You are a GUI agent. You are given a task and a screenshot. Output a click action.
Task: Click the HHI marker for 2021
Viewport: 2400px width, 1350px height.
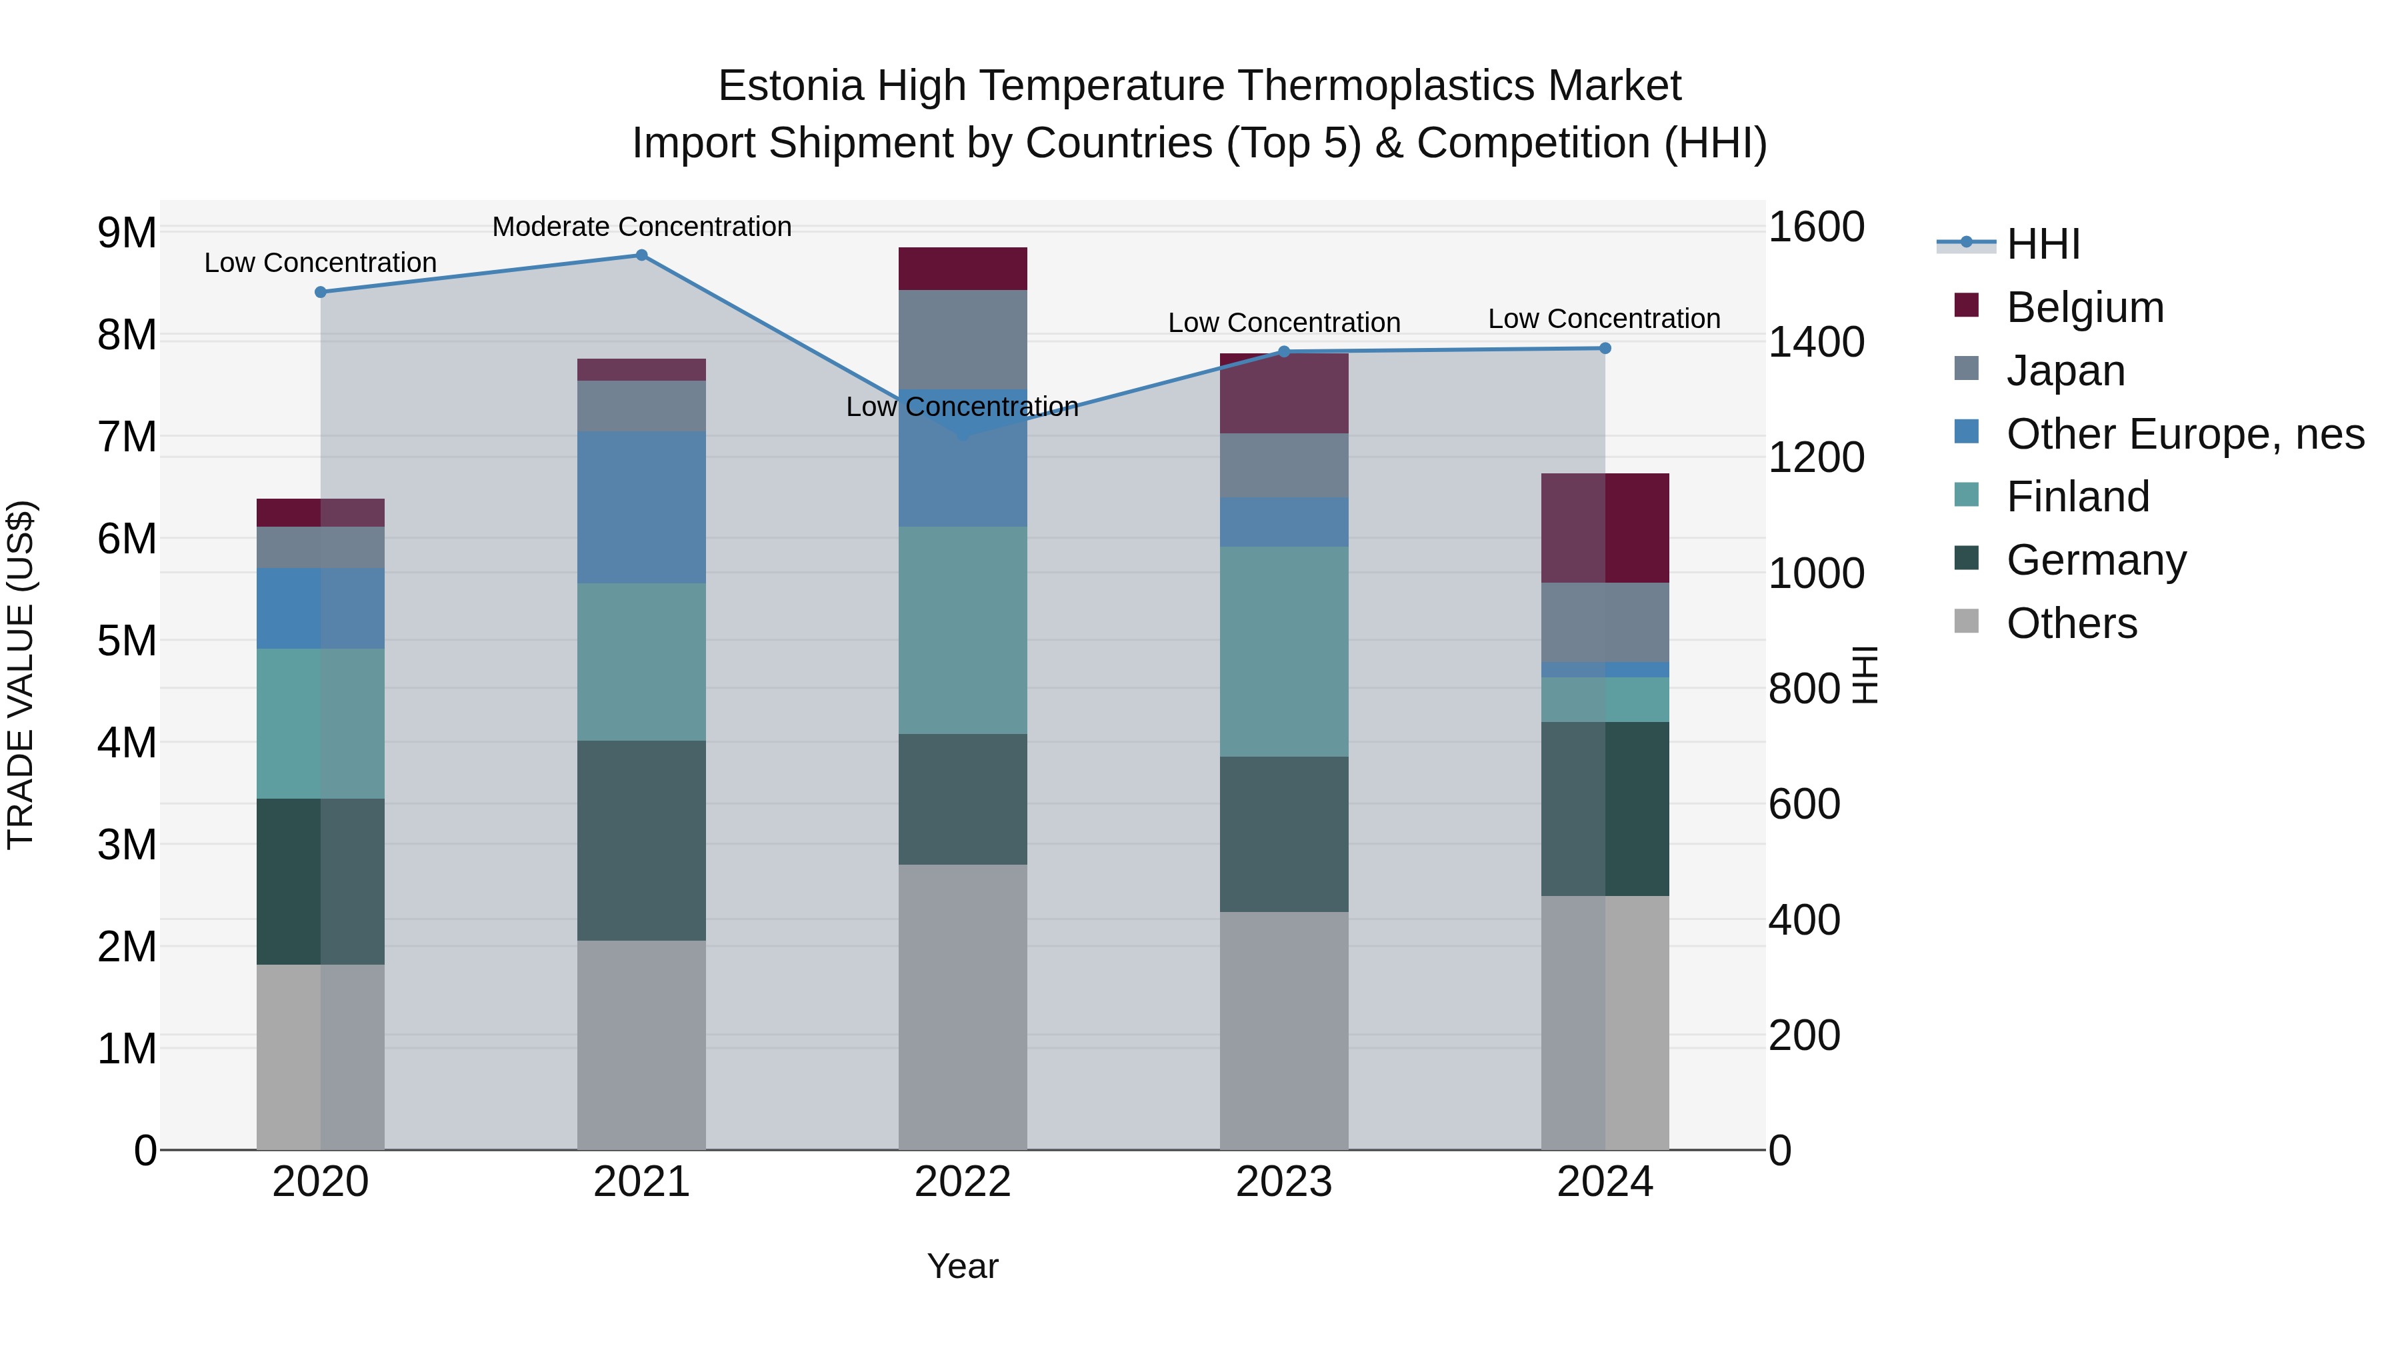tap(641, 255)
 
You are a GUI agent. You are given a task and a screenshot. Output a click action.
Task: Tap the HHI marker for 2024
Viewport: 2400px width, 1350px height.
tap(1605, 349)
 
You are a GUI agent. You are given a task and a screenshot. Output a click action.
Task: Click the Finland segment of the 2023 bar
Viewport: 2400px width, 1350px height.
tap(1284, 651)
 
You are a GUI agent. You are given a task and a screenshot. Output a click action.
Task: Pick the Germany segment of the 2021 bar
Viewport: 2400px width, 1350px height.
tap(641, 841)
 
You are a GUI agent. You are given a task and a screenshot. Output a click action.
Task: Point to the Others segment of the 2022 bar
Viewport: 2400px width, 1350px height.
tap(963, 1006)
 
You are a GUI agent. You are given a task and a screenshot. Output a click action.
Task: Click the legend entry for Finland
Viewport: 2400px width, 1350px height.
tap(2077, 497)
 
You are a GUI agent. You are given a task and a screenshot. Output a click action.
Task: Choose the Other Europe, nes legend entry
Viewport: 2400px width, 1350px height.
tap(2184, 434)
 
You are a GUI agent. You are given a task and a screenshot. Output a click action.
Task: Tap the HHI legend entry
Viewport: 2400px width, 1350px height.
tap(2042, 244)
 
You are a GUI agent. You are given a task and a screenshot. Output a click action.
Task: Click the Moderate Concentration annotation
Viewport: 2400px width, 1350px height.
tap(641, 227)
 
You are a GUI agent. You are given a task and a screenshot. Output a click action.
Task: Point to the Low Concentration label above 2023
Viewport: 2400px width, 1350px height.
tap(1284, 323)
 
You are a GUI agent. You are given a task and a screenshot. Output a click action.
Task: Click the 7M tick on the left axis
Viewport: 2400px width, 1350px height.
tap(127, 437)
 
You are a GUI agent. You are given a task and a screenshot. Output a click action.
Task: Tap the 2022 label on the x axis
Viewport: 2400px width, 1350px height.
tap(963, 1182)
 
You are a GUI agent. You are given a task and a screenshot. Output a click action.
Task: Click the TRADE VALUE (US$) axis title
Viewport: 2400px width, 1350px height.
tap(21, 675)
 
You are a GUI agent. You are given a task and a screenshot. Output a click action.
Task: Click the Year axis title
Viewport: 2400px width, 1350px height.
tap(963, 1266)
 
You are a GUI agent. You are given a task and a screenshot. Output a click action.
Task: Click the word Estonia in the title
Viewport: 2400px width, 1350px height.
tap(790, 86)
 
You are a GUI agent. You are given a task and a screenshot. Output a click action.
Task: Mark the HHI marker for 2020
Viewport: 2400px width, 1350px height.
tap(321, 291)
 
